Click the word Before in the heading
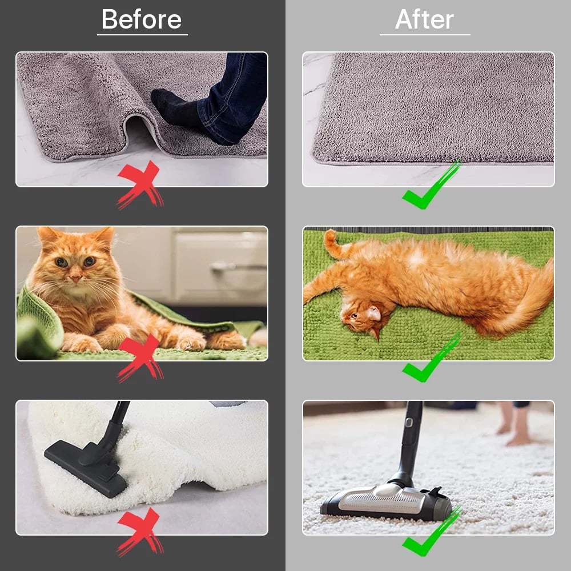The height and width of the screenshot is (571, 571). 142,19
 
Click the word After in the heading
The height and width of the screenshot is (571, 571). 424,19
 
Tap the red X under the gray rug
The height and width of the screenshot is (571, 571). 140,184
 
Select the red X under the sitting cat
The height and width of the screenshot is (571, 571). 140,358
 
